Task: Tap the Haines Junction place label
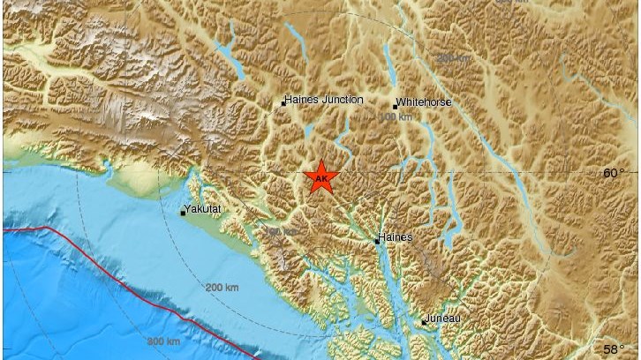click(325, 101)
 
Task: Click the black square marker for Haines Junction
click(283, 103)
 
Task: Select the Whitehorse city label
click(425, 102)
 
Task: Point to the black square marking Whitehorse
click(395, 106)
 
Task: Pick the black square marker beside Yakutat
click(183, 213)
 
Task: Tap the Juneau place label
click(441, 319)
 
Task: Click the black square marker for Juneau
click(423, 322)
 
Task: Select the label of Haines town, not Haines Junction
click(395, 237)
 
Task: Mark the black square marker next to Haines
click(377, 240)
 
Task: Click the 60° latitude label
click(614, 173)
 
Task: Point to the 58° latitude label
click(614, 349)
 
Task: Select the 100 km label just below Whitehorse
click(396, 117)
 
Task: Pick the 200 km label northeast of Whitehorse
click(454, 58)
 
